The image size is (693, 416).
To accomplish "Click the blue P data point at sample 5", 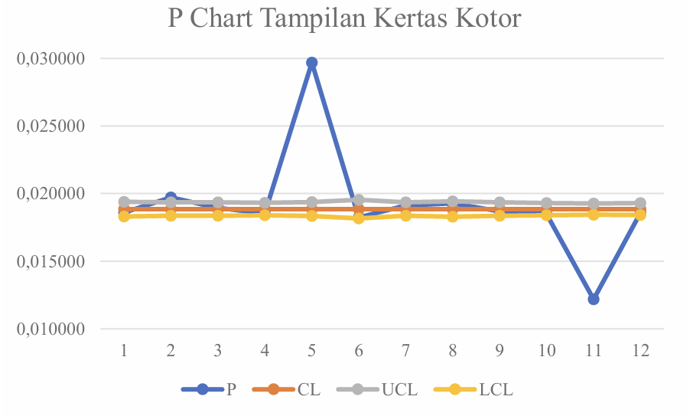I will coord(311,63).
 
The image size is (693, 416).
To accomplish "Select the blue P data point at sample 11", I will coord(594,299).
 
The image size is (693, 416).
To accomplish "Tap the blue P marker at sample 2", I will coord(171,198).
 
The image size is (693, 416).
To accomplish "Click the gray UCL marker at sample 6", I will coord(359,200).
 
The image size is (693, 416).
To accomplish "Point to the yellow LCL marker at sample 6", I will coord(359,218).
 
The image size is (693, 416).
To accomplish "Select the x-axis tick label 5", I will coord(311,351).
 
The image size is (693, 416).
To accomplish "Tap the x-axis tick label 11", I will coord(594,351).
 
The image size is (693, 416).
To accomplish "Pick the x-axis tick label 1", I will coord(123,351).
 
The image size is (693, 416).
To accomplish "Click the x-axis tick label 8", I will coord(453,351).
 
